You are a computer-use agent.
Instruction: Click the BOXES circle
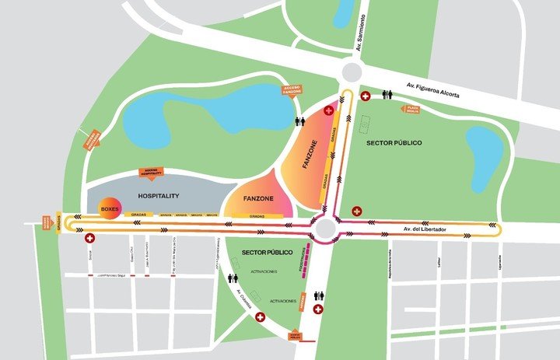[109, 210]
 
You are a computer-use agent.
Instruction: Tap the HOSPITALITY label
[159, 196]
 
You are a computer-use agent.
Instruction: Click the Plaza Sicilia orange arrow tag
[410, 110]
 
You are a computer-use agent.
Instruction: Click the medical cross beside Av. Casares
[260, 317]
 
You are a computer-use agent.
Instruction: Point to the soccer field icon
[365, 123]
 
